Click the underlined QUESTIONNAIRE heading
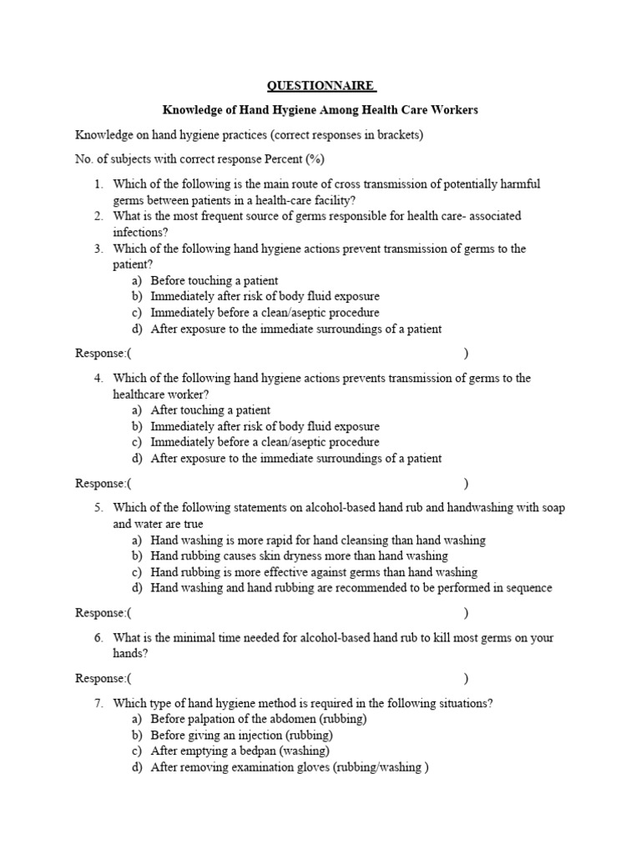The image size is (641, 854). point(320,85)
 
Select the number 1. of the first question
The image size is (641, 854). point(98,183)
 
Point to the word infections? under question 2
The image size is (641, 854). point(140,232)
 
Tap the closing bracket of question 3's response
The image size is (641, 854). point(466,354)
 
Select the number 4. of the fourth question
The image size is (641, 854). point(98,378)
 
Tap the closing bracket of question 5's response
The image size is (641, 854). point(466,613)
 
